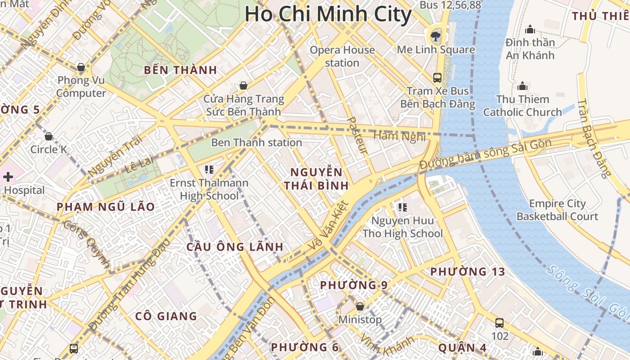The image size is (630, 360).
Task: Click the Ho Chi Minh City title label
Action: pos(328,14)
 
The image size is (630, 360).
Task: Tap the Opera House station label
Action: pos(342,56)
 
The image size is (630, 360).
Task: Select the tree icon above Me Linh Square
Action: pos(435,36)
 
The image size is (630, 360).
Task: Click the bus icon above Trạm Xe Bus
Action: pos(437,77)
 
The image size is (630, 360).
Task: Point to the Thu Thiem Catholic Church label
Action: pos(522,106)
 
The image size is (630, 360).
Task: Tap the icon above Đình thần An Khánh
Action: pos(530,29)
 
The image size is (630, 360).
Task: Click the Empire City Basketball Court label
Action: pos(557,210)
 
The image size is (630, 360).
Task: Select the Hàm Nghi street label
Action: pos(393,135)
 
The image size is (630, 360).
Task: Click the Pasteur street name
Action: pos(358,135)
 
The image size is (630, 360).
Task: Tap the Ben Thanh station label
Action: pos(256,143)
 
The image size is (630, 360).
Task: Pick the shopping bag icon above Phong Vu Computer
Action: pos(81,67)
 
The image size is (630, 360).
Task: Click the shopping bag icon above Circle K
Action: pos(49,136)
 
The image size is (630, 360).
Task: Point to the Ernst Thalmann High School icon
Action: pos(209,170)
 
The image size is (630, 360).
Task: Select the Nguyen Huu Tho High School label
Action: pos(402,227)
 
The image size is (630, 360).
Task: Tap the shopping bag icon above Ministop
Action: pos(360,306)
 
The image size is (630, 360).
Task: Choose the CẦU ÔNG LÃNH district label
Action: pos(235,247)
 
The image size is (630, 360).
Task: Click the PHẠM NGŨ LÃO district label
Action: pos(106,207)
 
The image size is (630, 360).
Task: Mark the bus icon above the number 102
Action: pos(499,323)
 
